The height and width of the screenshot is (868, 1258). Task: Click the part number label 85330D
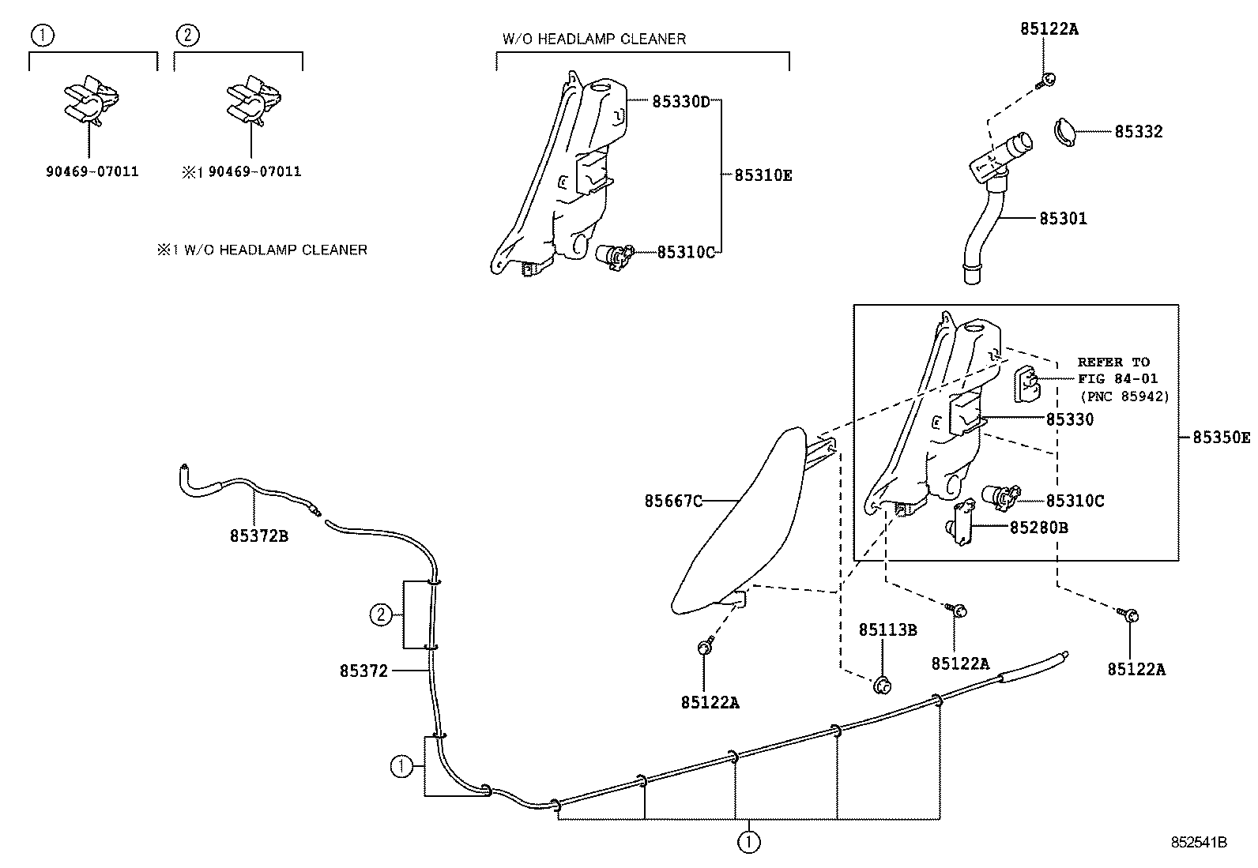pos(681,101)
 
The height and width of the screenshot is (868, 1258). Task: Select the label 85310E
pos(763,175)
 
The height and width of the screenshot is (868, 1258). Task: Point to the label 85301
pos(1063,218)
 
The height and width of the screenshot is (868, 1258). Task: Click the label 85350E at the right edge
pos(1221,437)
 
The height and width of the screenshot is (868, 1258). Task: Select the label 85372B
pos(259,536)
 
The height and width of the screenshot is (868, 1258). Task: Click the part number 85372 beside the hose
pos(363,671)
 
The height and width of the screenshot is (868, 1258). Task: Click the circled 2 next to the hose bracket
pos(382,614)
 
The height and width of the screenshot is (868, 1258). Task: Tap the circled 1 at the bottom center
pos(748,842)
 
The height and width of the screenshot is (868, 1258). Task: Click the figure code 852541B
pos(1198,843)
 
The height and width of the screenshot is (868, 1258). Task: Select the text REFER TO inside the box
pos(1113,362)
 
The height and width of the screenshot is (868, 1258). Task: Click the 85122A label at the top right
pos(1049,29)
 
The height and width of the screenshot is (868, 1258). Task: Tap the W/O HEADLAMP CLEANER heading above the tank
pos(593,39)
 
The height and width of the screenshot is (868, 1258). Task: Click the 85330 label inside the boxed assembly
pos(1069,419)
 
